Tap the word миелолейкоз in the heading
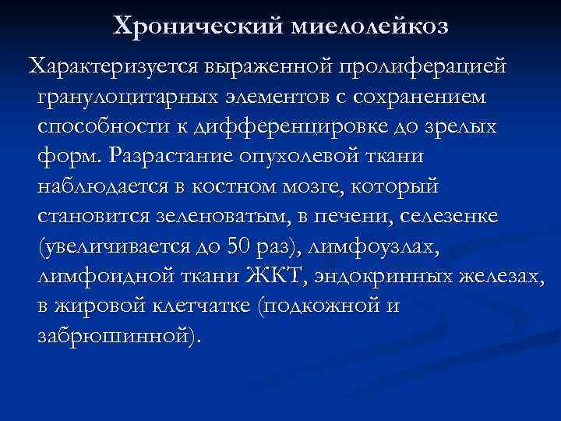(369, 27)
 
